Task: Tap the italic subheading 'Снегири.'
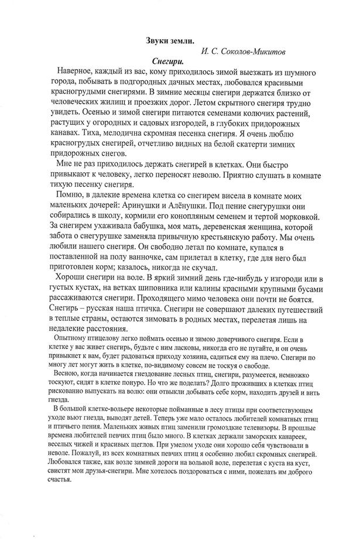point(168,61)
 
